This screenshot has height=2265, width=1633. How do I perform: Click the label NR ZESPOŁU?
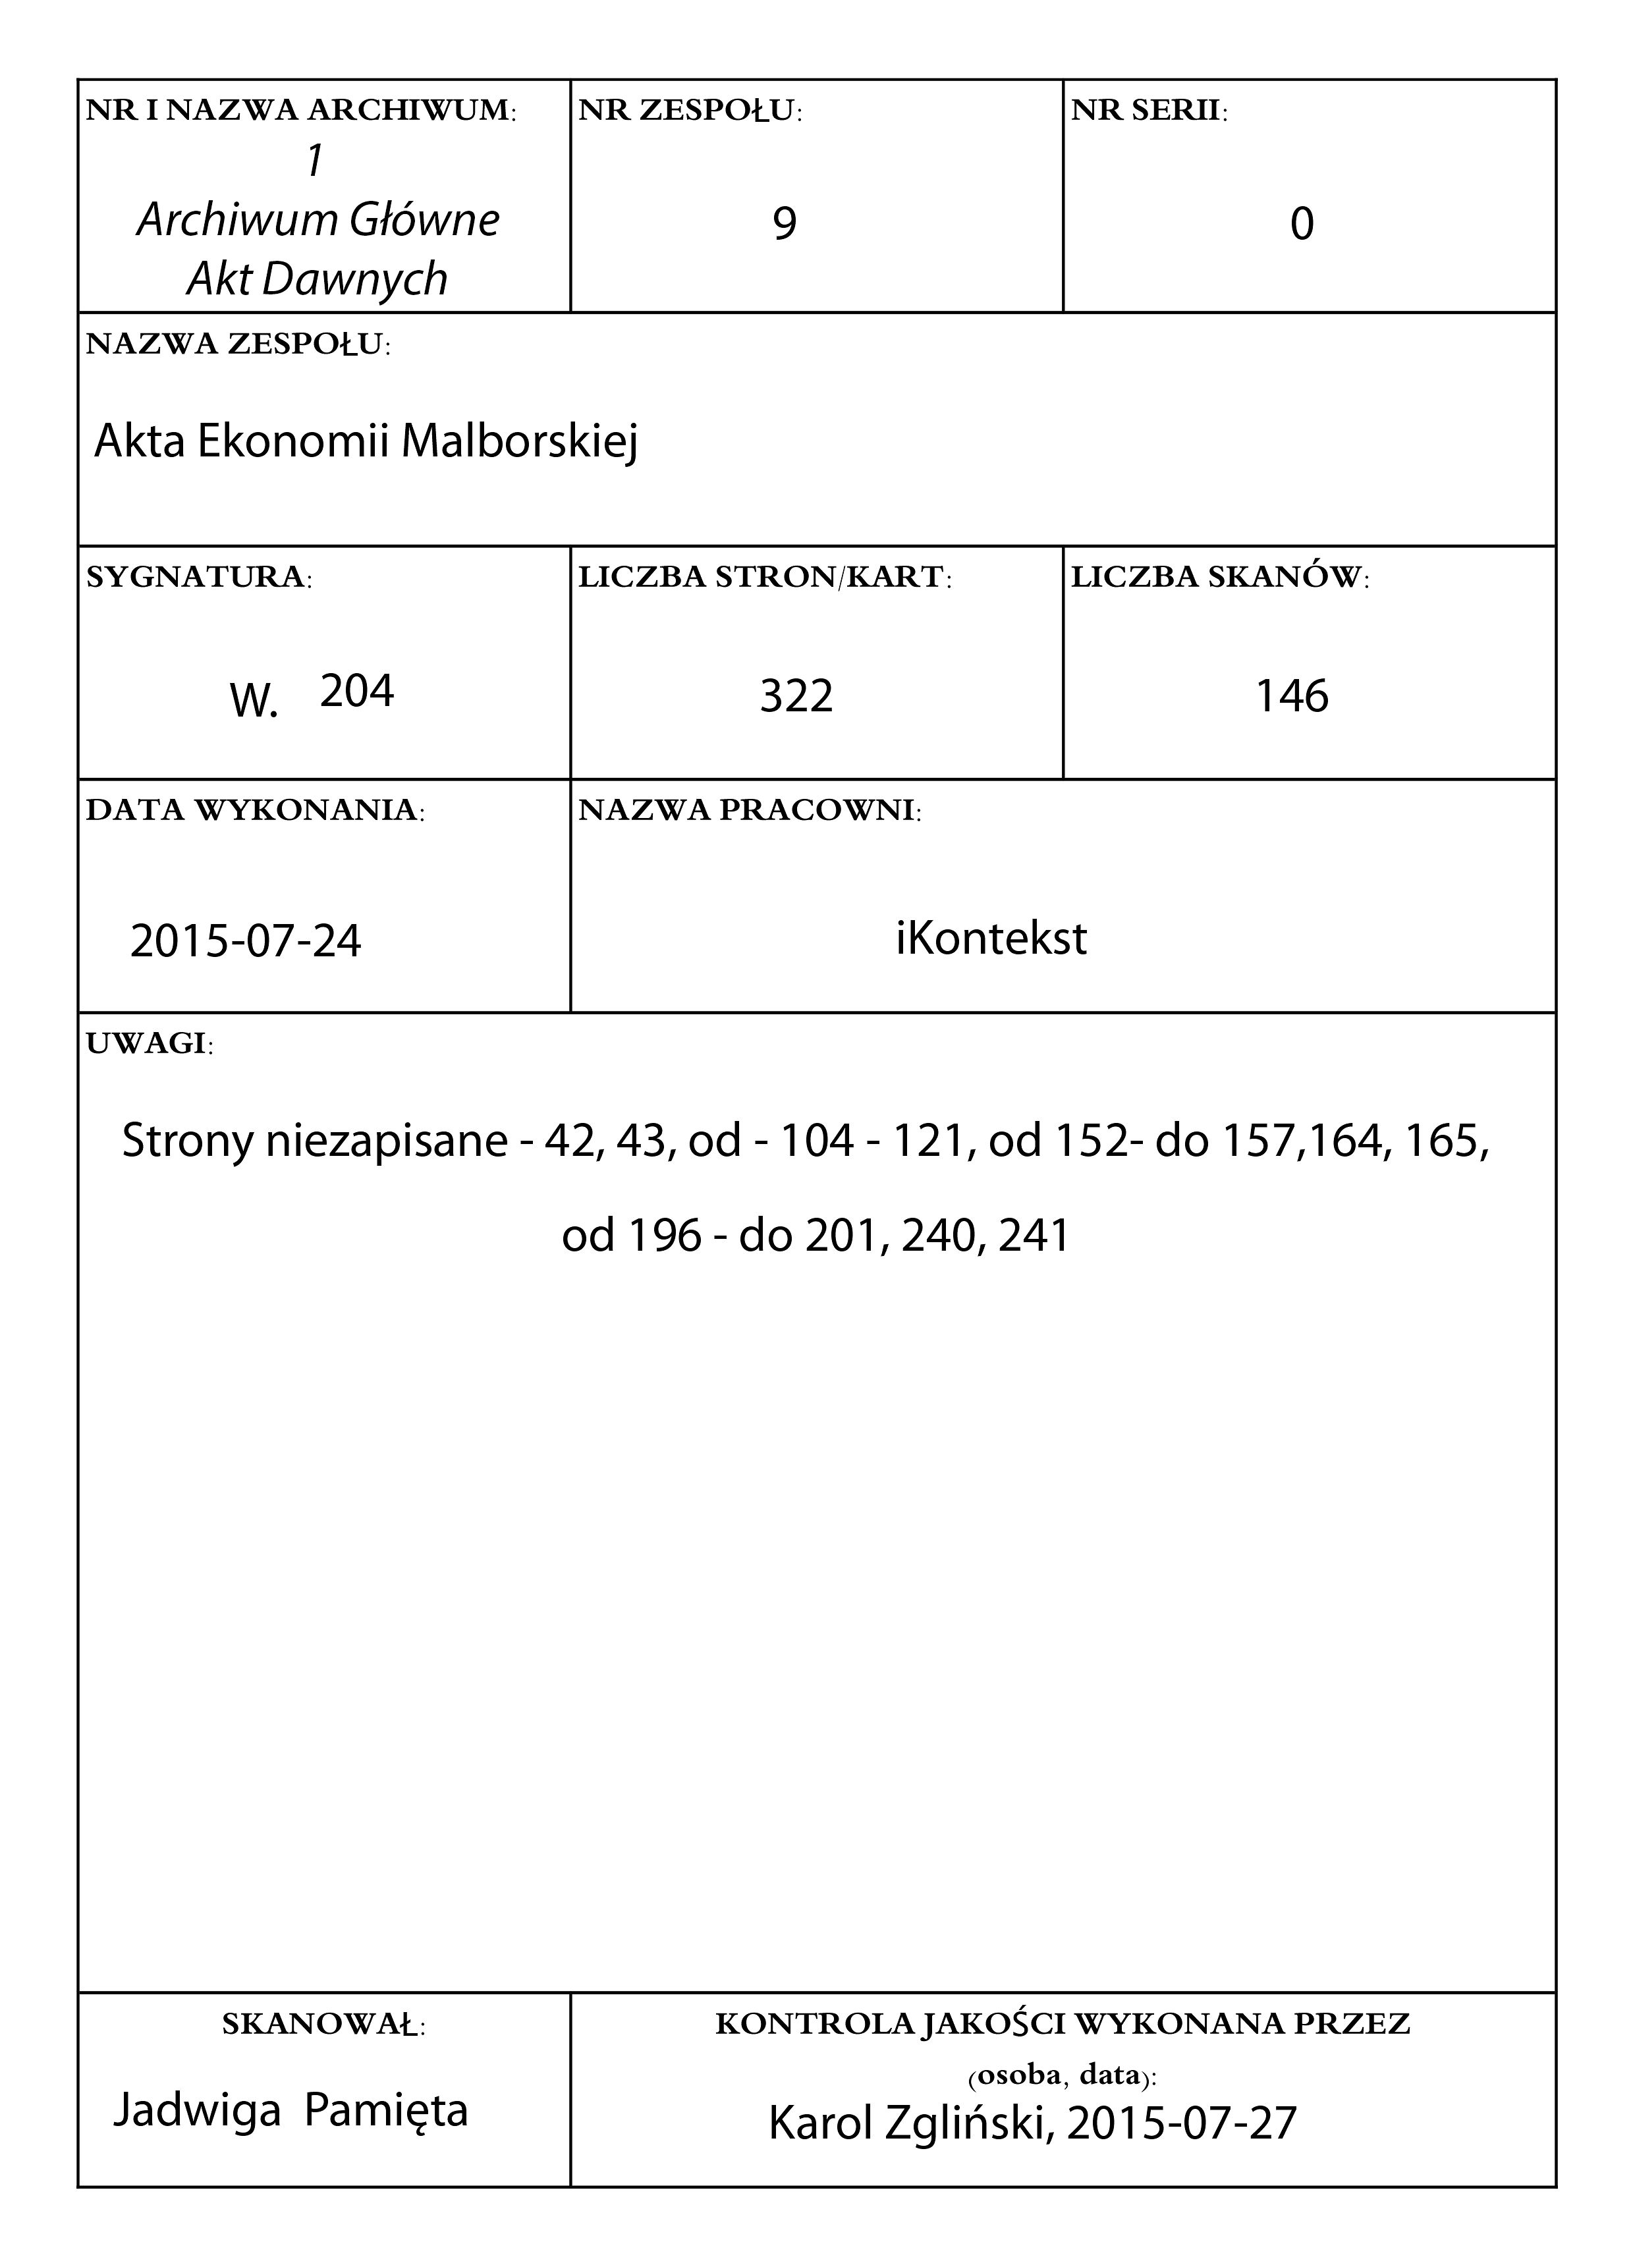pyautogui.click(x=689, y=111)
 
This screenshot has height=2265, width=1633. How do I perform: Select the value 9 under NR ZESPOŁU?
pyautogui.click(x=785, y=224)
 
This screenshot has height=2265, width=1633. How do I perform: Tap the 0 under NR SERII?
pyautogui.click(x=1302, y=225)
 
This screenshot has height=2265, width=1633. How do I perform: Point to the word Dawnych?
pyautogui.click(x=354, y=280)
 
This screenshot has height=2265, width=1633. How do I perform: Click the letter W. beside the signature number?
pyautogui.click(x=253, y=702)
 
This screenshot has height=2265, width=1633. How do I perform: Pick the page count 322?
pyautogui.click(x=796, y=696)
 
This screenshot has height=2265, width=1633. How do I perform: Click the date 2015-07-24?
pyautogui.click(x=246, y=941)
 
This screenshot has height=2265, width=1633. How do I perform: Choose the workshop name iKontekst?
pyautogui.click(x=991, y=939)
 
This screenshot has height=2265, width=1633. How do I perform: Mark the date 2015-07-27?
pyautogui.click(x=1182, y=2123)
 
